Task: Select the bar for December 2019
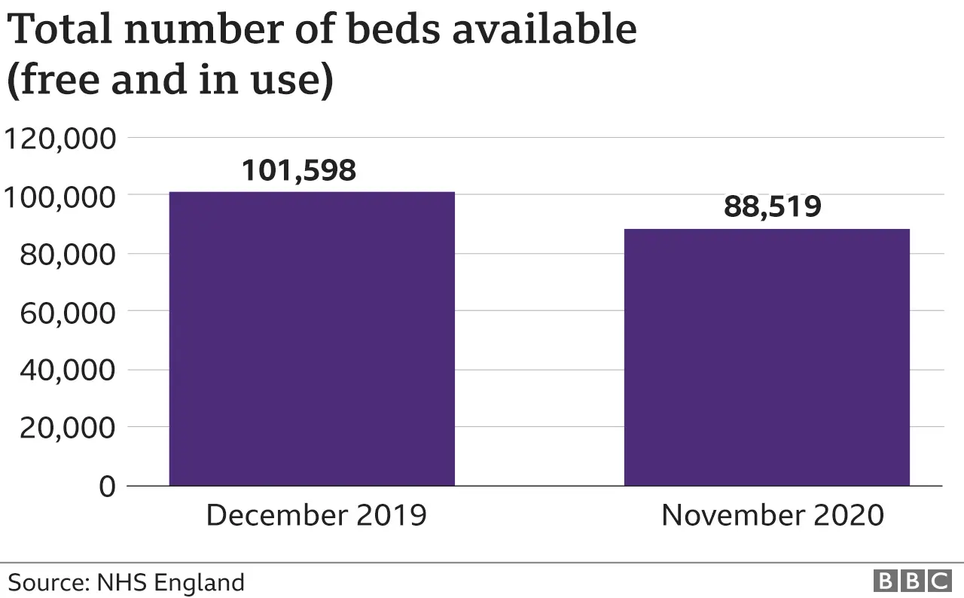coord(312,339)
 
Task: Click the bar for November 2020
coord(767,357)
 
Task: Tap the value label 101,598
coord(298,171)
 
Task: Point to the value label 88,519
coord(772,207)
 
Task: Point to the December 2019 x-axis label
coord(316,516)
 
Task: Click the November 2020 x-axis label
coord(772,516)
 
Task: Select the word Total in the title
coord(59,30)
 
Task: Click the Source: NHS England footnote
coord(127,582)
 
